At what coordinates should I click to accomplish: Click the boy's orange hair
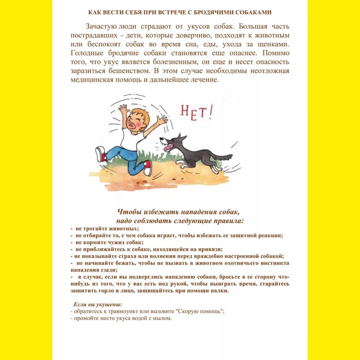click(136, 115)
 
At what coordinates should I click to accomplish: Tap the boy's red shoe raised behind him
click(100, 154)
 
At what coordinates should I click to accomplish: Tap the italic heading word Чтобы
click(128, 212)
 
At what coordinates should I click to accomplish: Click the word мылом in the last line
click(163, 319)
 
